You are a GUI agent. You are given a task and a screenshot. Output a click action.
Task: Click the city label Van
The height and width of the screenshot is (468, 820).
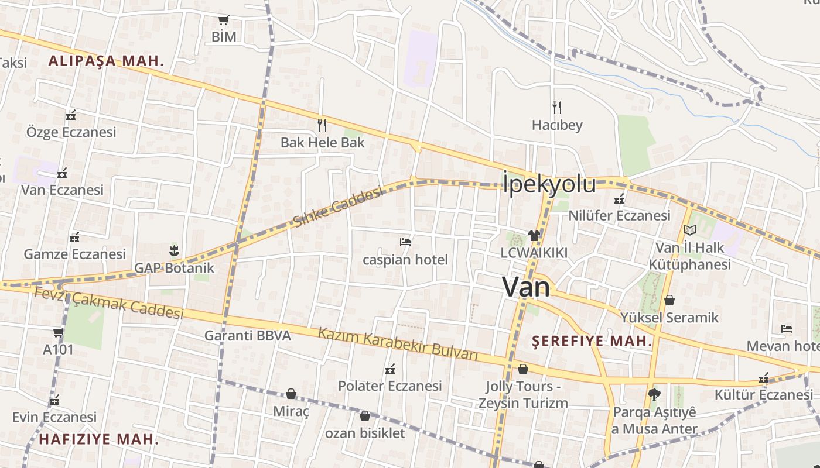(527, 287)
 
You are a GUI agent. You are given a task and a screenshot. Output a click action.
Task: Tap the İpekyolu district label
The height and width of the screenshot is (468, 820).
(549, 184)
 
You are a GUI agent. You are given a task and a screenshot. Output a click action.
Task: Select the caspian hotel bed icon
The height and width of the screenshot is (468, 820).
(405, 242)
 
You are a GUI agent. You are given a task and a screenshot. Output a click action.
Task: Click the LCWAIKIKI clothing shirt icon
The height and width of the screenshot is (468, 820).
(534, 235)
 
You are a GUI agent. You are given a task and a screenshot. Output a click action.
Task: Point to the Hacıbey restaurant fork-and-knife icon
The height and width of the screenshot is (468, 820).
(556, 107)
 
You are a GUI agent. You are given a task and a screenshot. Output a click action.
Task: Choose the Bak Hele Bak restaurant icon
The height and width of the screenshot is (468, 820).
(322, 125)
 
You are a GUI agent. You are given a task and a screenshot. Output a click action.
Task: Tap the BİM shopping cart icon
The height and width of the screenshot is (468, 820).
(223, 20)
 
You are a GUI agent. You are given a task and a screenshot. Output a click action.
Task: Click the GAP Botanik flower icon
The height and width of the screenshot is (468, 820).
(174, 251)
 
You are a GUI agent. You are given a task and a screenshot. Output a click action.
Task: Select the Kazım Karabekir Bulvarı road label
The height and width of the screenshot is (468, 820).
(398, 345)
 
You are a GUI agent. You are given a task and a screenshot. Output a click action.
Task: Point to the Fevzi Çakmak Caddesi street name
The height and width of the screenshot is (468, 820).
(109, 303)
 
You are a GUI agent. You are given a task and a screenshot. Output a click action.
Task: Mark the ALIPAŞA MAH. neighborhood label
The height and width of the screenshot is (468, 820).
(106, 60)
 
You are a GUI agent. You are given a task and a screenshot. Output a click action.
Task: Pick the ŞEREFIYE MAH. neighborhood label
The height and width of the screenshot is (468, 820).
(592, 341)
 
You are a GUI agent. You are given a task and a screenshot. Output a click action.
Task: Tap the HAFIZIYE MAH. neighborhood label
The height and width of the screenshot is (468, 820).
(98, 439)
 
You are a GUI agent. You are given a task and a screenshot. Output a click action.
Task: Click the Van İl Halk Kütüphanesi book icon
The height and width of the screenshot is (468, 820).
(689, 230)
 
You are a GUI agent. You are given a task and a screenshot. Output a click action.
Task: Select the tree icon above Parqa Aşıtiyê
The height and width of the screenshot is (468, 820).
(654, 394)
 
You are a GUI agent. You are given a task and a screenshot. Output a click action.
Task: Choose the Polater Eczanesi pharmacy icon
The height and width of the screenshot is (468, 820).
(390, 369)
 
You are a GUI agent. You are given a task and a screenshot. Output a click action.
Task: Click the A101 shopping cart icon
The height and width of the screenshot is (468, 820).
(58, 333)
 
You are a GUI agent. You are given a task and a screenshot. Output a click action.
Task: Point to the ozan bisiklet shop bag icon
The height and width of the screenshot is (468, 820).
(365, 416)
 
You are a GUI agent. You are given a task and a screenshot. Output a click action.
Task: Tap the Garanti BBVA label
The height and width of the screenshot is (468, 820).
(247, 336)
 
